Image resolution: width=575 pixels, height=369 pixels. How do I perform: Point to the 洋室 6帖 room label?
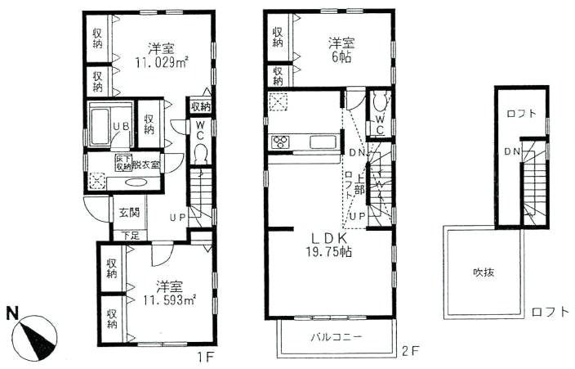[x=341, y=50]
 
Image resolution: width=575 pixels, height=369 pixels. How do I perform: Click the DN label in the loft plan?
[x=510, y=152]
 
